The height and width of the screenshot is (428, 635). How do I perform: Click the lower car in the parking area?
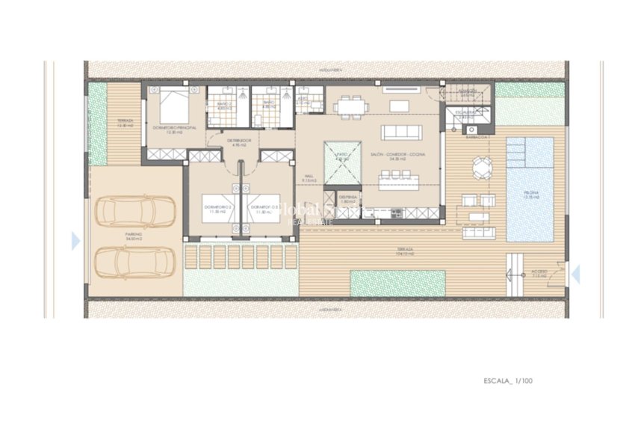click(135, 262)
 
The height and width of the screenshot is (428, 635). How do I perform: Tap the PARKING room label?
click(134, 236)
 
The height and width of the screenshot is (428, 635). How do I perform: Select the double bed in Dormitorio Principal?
click(174, 104)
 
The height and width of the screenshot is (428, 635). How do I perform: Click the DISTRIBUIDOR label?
click(238, 141)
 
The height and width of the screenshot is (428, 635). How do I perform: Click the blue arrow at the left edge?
click(75, 241)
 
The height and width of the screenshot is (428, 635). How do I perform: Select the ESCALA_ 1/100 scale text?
click(508, 381)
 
